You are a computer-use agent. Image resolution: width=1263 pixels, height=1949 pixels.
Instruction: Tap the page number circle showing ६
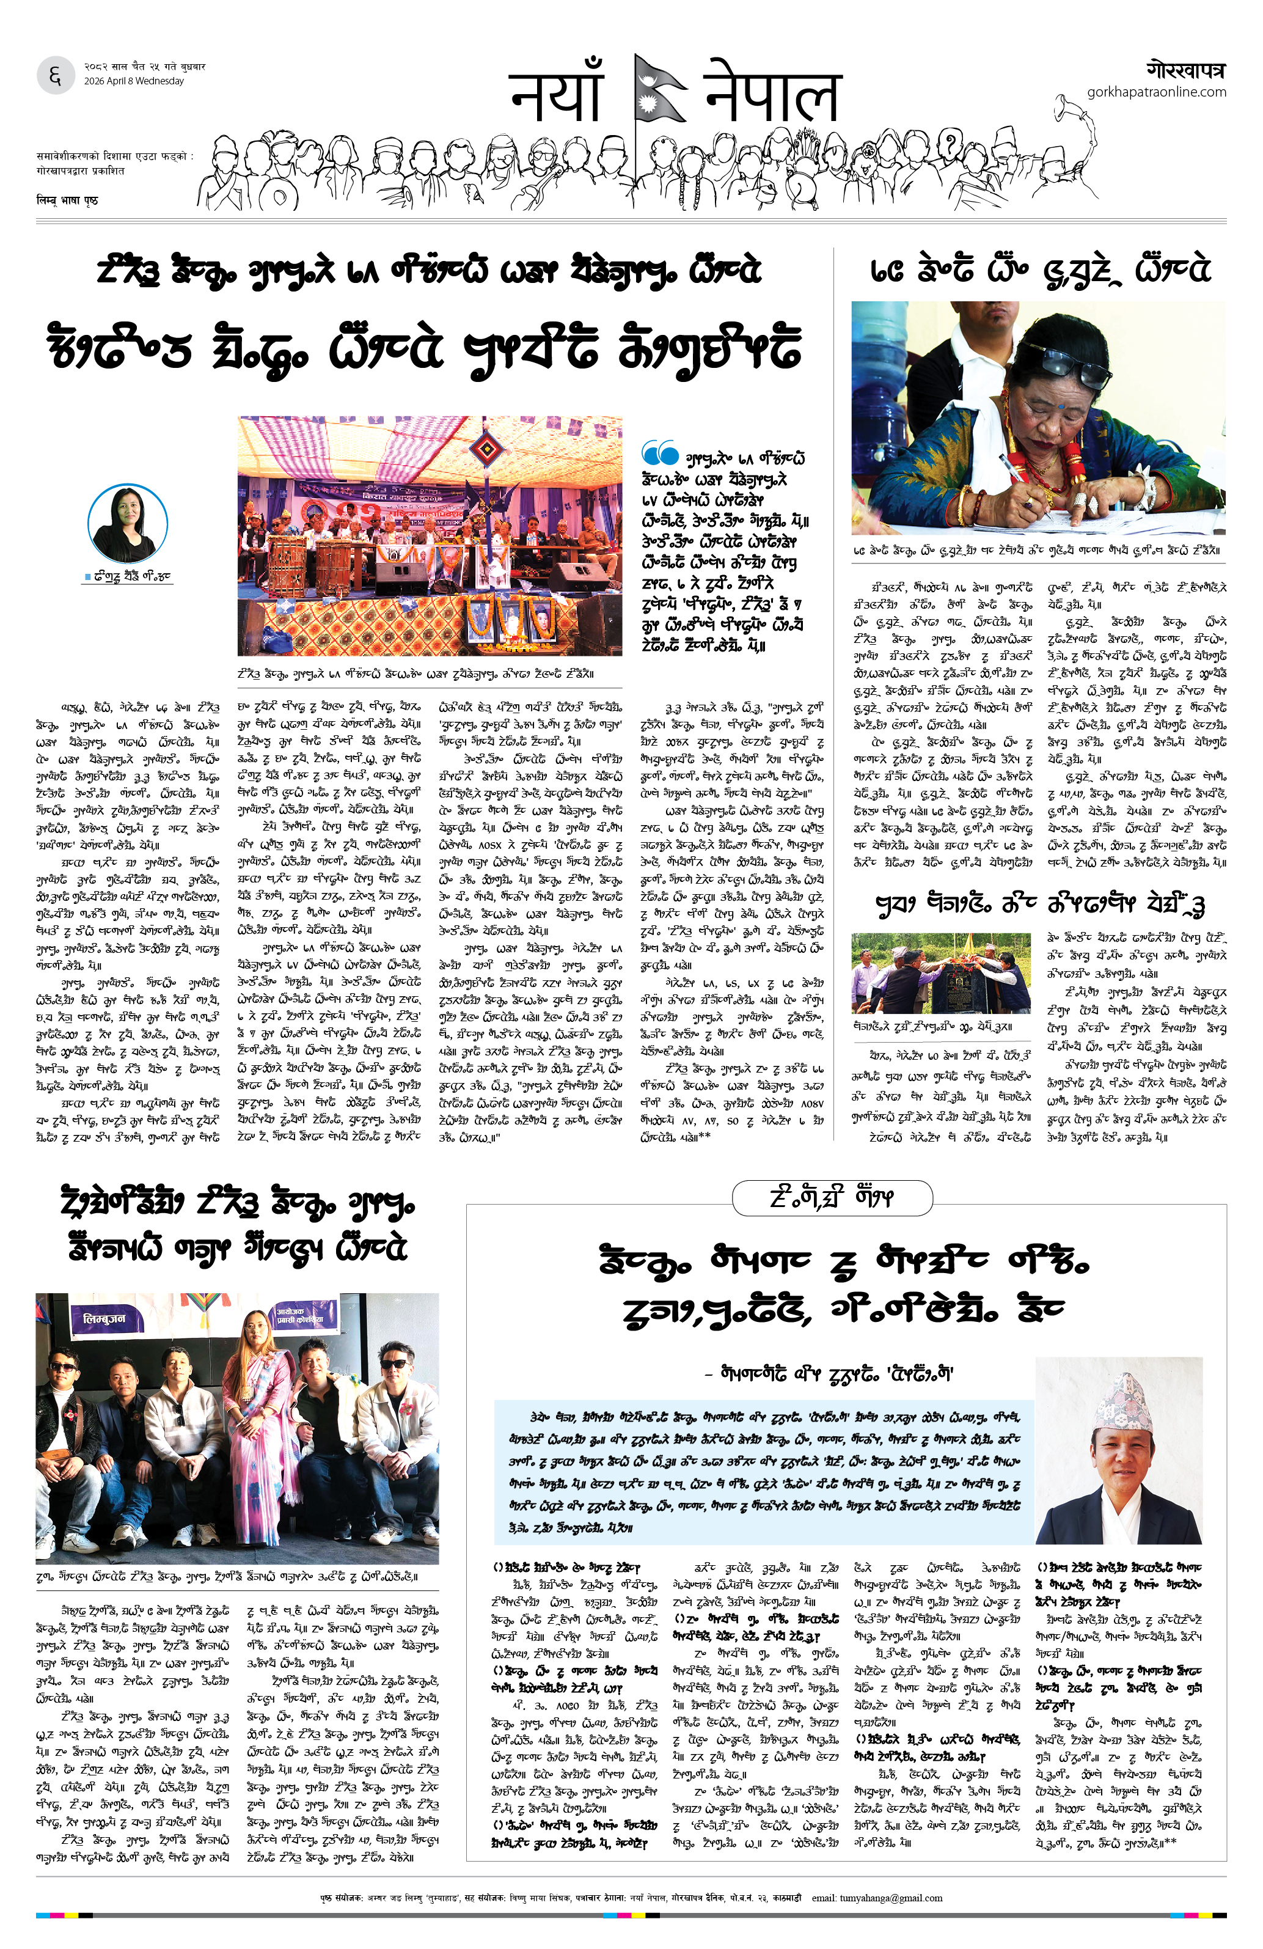pyautogui.click(x=56, y=76)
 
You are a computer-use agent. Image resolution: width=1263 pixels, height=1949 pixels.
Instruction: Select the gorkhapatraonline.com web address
pyautogui.click(x=1156, y=92)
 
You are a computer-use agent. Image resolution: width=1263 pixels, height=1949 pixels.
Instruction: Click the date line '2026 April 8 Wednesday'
pyautogui.click(x=133, y=81)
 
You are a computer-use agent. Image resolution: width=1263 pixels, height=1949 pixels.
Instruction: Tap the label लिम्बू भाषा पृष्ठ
pyautogui.click(x=67, y=200)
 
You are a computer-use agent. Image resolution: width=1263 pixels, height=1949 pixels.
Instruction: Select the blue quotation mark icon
pyautogui.click(x=660, y=452)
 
